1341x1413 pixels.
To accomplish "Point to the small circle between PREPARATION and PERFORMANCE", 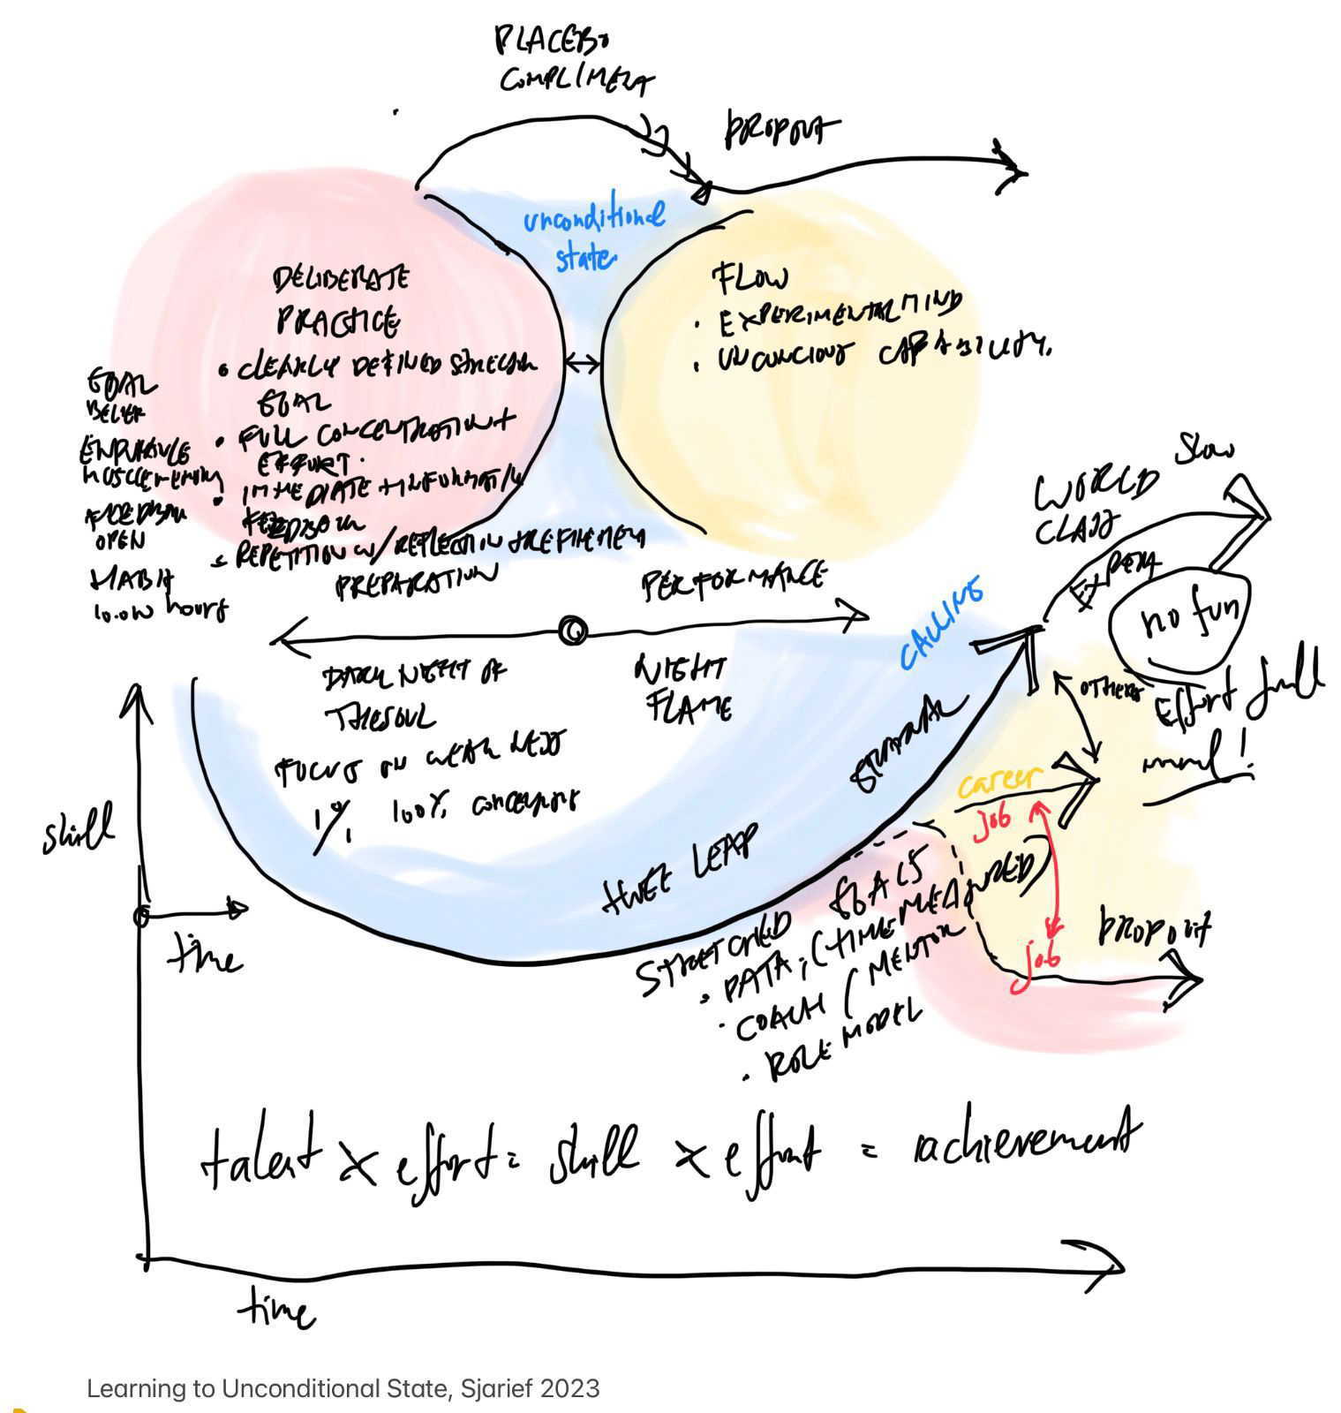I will pyautogui.click(x=572, y=631).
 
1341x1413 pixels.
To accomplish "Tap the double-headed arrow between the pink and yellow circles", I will pyautogui.click(x=582, y=362).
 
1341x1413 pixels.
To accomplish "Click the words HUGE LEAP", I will pyautogui.click(x=679, y=870).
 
